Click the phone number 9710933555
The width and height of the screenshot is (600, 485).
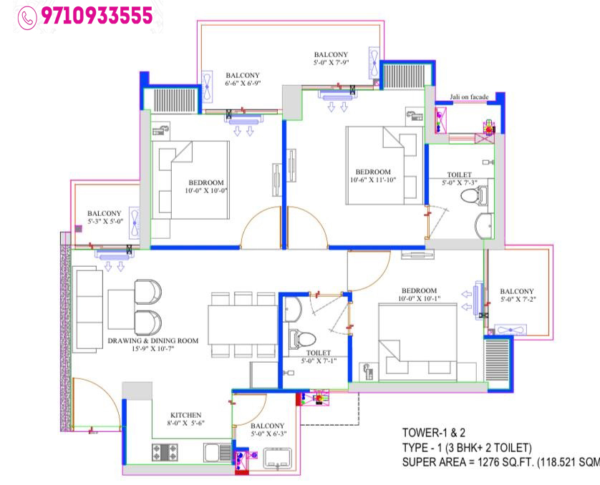click(x=97, y=15)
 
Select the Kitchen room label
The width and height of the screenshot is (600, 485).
click(x=185, y=415)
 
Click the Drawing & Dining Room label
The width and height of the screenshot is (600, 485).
click(x=153, y=341)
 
